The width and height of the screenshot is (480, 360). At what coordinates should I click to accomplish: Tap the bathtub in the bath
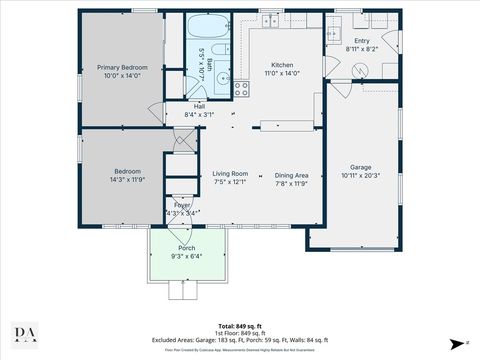tap(208, 27)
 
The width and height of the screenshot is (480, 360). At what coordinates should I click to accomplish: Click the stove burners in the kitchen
tap(241, 88)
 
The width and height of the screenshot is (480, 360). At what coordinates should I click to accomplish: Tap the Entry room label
tap(362, 41)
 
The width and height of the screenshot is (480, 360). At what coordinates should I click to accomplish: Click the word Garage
tap(361, 167)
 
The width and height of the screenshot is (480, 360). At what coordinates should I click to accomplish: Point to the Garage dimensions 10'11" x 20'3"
tap(361, 176)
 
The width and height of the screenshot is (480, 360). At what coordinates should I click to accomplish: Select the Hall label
tap(199, 106)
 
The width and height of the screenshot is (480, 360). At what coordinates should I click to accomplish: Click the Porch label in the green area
tap(186, 247)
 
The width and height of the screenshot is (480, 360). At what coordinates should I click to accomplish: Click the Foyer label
tap(182, 204)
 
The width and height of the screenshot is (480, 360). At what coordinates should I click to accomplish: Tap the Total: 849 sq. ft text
tap(240, 326)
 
